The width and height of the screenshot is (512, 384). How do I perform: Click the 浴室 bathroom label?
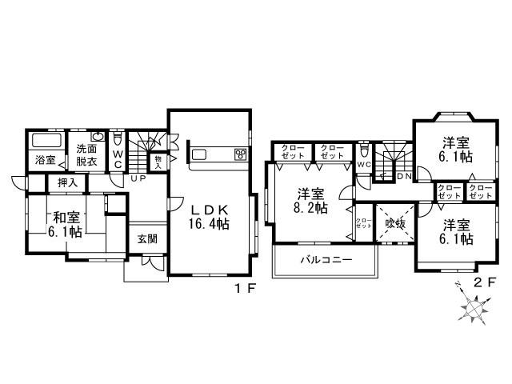tap(45, 159)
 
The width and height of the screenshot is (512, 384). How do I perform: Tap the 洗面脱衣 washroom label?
tap(86, 154)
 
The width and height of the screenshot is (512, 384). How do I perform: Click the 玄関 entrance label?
tap(146, 238)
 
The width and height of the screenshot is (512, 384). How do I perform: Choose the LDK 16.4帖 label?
tap(209, 216)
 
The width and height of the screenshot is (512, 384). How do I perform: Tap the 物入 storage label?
tap(158, 161)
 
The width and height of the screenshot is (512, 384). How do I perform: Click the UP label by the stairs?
tap(138, 178)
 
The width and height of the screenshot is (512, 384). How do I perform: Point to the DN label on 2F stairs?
tap(403, 176)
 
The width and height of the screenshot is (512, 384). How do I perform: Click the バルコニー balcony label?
tap(323, 260)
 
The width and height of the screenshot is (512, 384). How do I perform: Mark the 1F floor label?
tap(246, 289)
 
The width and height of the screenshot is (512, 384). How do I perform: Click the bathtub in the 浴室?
tap(45, 140)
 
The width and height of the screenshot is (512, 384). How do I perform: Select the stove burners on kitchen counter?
tap(239, 153)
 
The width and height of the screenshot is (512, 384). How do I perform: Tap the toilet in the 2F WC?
tap(365, 150)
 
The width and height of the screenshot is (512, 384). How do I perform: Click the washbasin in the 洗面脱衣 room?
tap(98, 136)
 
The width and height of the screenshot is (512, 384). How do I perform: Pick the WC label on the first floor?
tap(118, 158)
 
